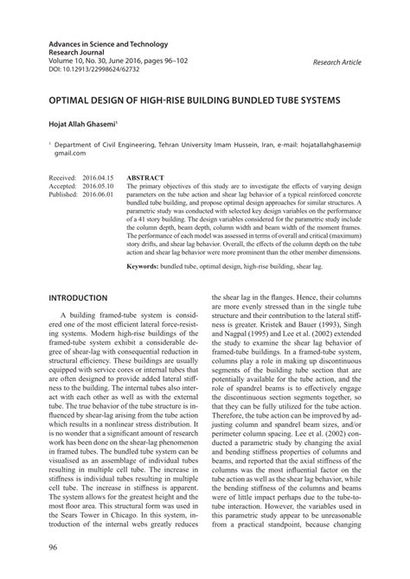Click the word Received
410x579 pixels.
click(63, 173)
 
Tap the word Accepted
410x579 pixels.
click(63, 181)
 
